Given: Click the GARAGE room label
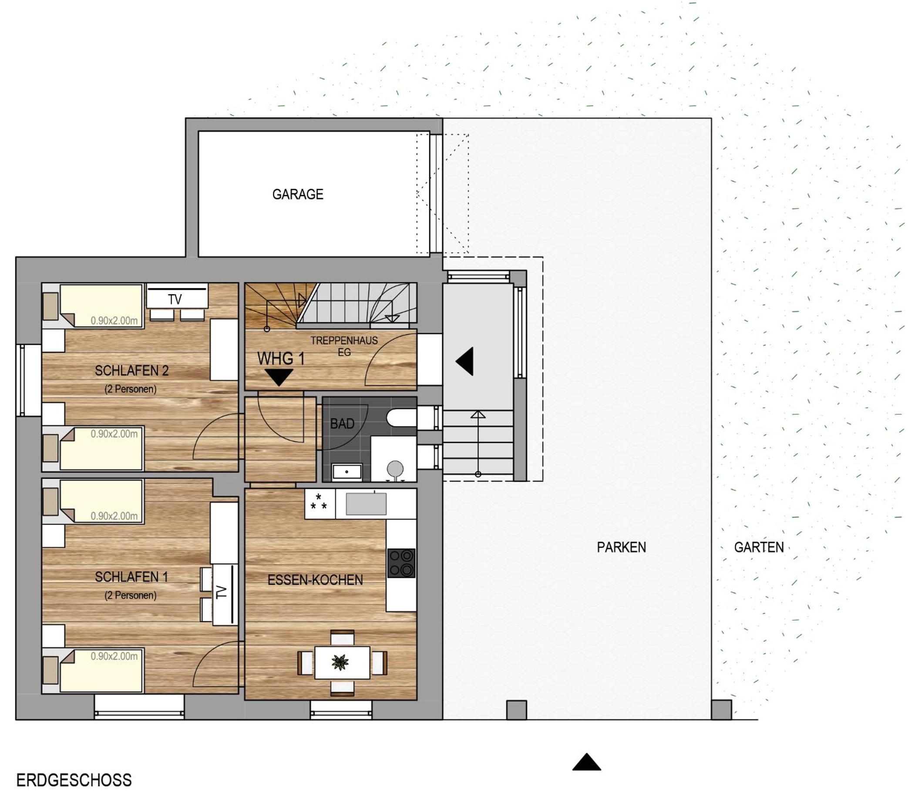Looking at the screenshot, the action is [298, 194].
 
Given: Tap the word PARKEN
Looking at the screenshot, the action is [621, 547].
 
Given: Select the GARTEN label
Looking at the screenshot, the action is [759, 547].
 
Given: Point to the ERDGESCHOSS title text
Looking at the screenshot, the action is [74, 780].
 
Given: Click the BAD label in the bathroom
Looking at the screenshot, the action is [342, 424].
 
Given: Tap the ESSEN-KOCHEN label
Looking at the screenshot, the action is [315, 580].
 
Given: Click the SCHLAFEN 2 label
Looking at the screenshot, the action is [131, 370].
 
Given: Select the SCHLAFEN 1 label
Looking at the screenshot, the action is [131, 577].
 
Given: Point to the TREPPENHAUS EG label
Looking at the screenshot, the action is [344, 346].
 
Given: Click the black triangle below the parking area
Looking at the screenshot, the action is [586, 762].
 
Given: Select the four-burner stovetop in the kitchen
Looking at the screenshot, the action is [401, 563].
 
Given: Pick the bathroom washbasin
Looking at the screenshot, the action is [347, 472].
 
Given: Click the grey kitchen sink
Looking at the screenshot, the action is [366, 504].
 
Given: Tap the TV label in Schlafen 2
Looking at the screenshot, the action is [175, 299].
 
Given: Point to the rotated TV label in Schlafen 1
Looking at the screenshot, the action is [221, 592].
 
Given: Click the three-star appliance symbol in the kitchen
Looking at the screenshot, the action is [319, 502].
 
